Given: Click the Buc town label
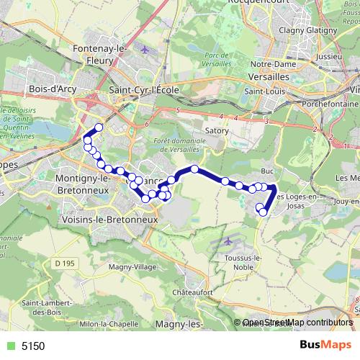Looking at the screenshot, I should (x=268, y=171).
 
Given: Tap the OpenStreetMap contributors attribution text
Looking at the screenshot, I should (x=297, y=323).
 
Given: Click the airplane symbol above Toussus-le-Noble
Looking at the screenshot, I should (x=229, y=241).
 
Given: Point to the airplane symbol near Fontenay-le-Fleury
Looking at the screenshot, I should (x=145, y=50).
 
